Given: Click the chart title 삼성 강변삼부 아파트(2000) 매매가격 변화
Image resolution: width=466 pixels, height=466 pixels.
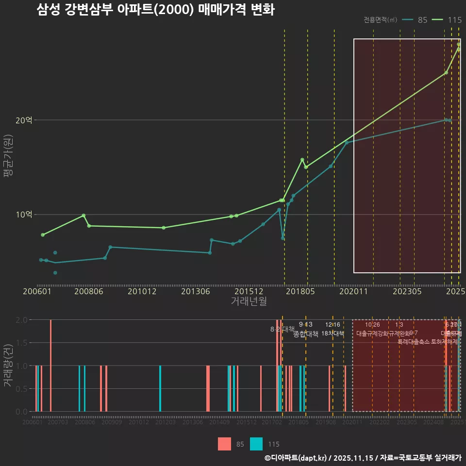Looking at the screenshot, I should click(x=156, y=10).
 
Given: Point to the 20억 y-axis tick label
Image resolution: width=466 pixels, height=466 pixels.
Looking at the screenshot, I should click(x=24, y=120).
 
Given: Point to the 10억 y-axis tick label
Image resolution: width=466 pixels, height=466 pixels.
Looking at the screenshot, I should click(x=24, y=215).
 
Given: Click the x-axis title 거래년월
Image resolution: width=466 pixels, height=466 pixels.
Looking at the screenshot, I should click(x=249, y=301).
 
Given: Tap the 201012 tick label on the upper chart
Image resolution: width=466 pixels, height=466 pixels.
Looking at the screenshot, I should click(x=142, y=291).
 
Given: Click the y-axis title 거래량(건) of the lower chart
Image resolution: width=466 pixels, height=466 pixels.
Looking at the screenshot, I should click(x=8, y=366).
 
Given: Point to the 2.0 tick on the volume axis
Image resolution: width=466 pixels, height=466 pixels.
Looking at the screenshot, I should click(x=22, y=320).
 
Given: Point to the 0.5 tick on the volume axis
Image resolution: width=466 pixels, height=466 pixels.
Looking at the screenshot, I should click(x=22, y=389).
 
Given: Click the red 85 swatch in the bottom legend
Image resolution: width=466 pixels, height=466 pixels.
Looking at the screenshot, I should click(x=225, y=444).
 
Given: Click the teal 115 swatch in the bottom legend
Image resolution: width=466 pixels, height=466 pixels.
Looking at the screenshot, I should click(x=256, y=444).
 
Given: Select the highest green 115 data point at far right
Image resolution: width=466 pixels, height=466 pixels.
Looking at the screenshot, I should click(x=459, y=44).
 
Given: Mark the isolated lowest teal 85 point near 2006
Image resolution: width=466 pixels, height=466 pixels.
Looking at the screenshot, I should click(x=55, y=273).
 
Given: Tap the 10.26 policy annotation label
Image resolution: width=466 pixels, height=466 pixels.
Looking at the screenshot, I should click(x=372, y=325).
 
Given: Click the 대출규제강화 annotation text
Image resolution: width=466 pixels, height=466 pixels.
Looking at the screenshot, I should click(x=373, y=333).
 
